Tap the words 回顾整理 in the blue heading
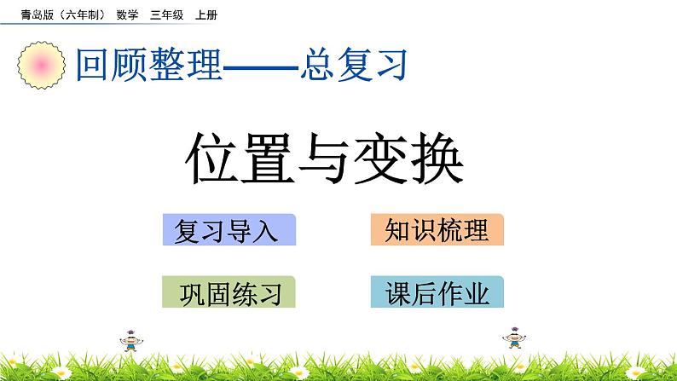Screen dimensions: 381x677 (148, 64)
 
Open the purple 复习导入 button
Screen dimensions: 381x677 (229, 230)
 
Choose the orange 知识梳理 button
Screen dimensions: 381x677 (437, 230)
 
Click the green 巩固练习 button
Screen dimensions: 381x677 (229, 292)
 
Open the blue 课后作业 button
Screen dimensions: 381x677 (437, 292)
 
